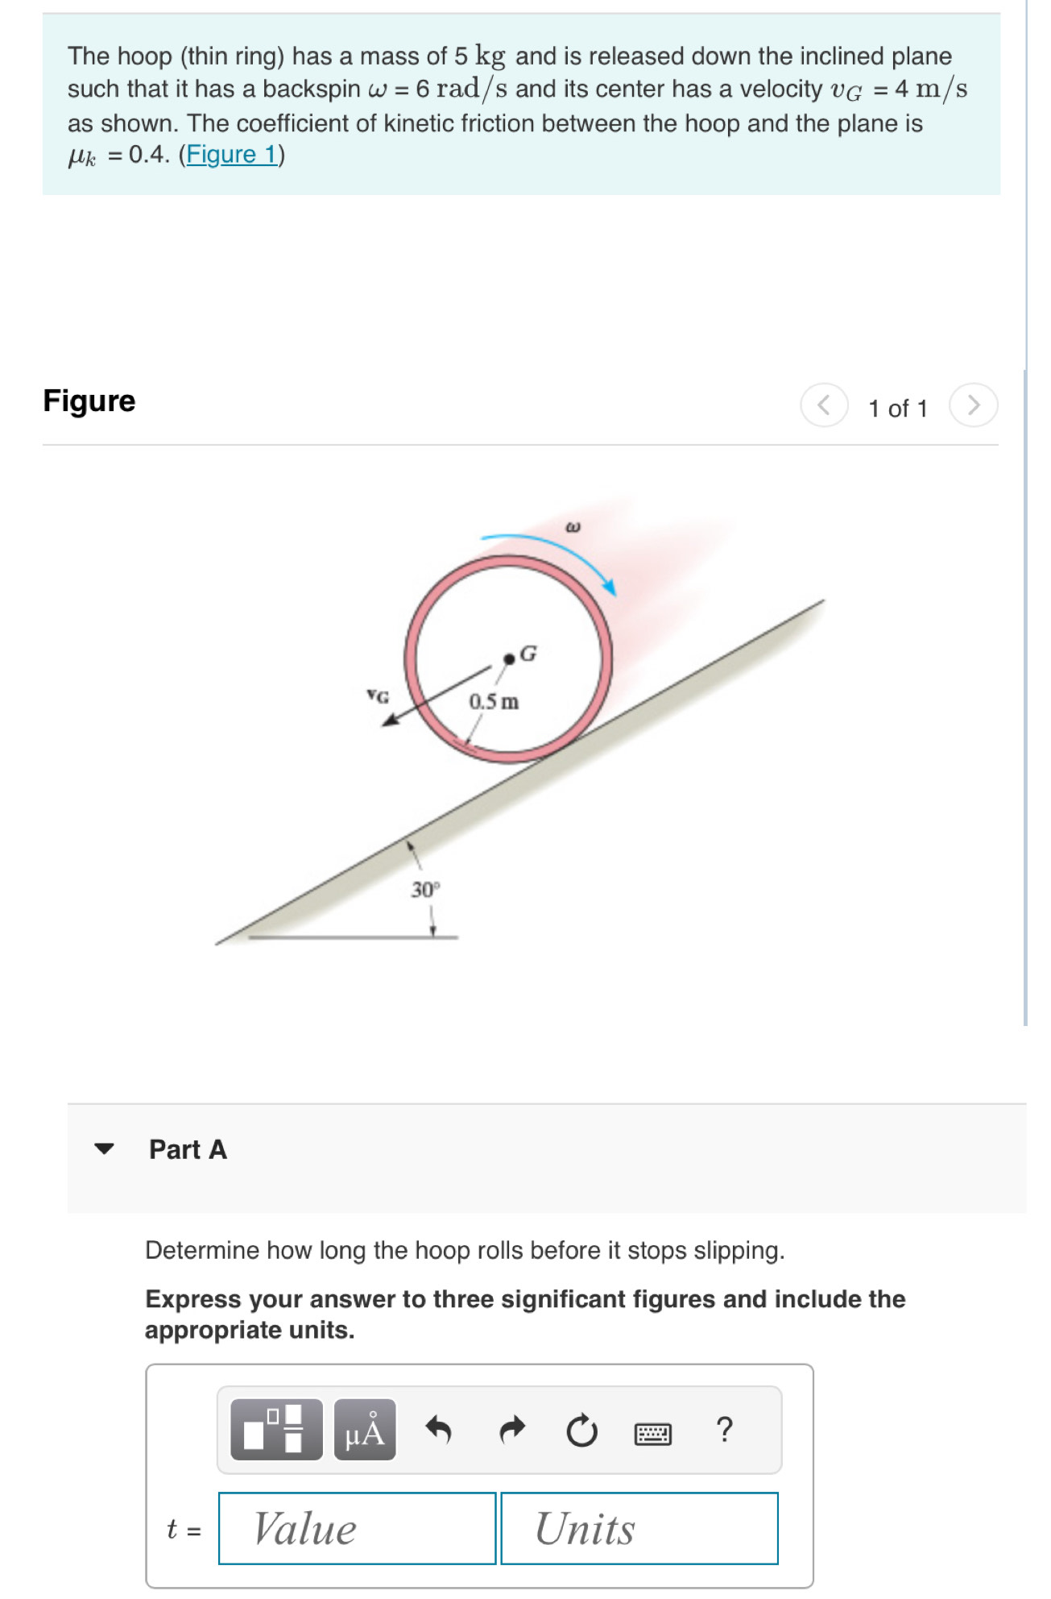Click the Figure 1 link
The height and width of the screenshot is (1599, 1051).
coord(231,154)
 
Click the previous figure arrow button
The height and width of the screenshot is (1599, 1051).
coord(823,405)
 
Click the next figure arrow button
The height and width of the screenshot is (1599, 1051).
coord(973,405)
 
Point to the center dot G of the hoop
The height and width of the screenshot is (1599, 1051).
coord(508,659)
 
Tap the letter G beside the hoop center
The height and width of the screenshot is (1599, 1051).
coord(528,653)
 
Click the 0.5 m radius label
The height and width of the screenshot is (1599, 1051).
coord(494,702)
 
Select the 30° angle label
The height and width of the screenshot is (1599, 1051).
coord(425,890)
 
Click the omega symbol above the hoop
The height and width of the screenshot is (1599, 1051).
coord(573,528)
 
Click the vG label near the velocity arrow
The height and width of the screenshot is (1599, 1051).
coord(377,696)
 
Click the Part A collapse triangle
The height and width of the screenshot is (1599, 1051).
coord(105,1148)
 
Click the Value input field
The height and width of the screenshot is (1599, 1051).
coord(357,1528)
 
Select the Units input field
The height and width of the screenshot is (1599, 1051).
coord(639,1528)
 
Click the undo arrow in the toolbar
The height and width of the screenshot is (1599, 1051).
coord(438,1431)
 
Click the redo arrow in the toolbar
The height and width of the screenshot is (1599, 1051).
coord(511,1431)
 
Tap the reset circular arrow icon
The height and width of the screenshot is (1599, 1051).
coord(581,1431)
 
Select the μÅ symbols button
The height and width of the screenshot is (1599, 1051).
coord(365,1431)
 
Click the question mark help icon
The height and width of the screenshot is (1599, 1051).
coord(724,1429)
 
